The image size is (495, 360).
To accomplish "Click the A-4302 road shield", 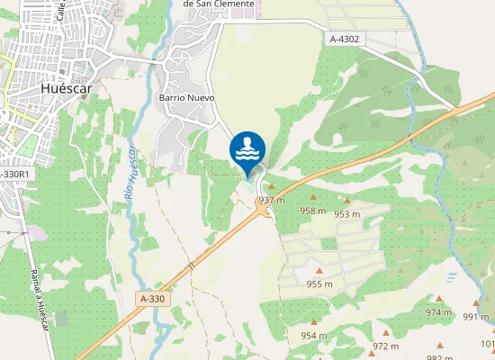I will (346, 39).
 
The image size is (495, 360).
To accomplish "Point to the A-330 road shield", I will (154, 298).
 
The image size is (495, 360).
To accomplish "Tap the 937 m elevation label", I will (272, 199).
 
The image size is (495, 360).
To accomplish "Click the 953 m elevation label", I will (347, 214).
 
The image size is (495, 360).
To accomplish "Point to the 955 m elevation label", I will (319, 284).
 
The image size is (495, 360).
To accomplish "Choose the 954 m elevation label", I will (314, 336).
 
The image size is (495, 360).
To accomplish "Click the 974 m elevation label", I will (439, 312).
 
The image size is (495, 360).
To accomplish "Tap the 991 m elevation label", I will (476, 316).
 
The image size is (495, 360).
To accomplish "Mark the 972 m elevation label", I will (385, 346).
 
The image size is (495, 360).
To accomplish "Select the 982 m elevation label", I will (439, 357).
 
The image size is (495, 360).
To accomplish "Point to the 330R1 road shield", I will (14, 174).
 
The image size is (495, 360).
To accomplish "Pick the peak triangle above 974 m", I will (439, 299).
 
